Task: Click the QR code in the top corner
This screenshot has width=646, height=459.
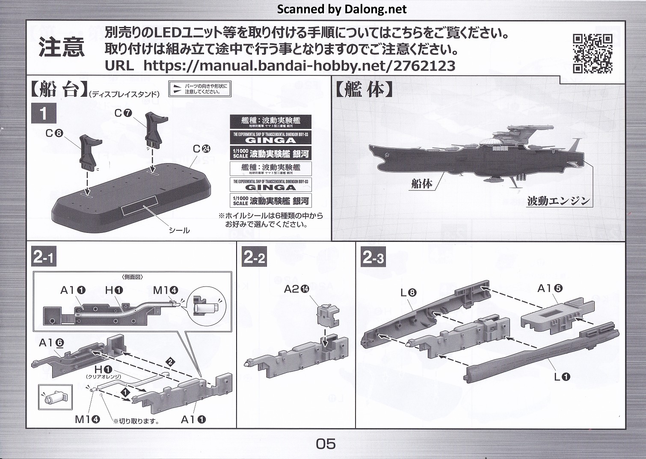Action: (592, 54)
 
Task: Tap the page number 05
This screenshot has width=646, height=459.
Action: (326, 444)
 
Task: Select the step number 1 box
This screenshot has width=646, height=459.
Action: (43, 114)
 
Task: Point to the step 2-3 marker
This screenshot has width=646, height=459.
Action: (373, 257)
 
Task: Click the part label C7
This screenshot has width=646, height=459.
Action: (123, 113)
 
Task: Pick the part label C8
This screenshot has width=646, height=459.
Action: (54, 133)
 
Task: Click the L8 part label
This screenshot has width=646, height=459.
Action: (408, 293)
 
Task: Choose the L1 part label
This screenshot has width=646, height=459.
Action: (562, 377)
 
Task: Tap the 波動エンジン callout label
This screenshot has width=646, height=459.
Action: (558, 200)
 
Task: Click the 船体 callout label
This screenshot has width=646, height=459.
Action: (421, 184)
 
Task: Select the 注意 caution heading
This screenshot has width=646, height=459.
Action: (62, 47)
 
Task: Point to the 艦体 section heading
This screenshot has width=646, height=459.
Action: (363, 89)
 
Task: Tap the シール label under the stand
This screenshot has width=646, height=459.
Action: (179, 230)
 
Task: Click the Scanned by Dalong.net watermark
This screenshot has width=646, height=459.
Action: (342, 9)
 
